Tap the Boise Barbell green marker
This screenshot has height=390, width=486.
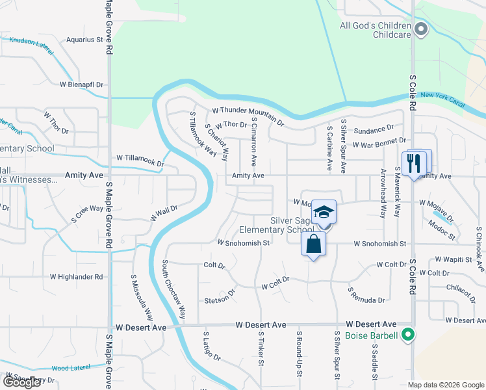coord(408,335)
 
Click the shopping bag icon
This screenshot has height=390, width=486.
coord(313,244)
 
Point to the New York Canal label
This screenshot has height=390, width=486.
coord(444,96)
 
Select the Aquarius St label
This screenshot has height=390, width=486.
coord(85,40)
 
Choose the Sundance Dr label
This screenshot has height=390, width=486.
coord(373,129)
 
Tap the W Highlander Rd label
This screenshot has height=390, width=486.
coord(77,277)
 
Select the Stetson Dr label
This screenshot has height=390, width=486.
coord(218,300)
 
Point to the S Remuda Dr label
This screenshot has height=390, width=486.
coord(366,295)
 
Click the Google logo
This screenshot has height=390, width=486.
coord(21,382)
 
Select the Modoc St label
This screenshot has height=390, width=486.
coord(443,224)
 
